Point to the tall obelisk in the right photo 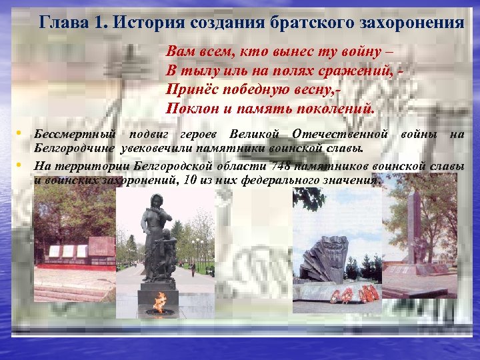[x=414, y=223]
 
